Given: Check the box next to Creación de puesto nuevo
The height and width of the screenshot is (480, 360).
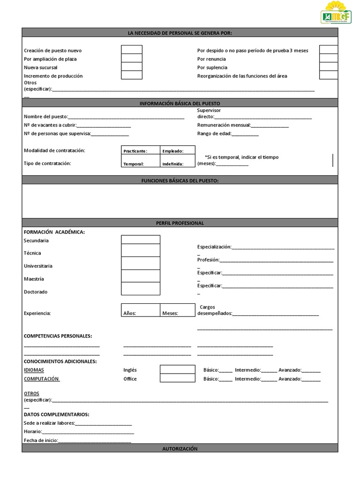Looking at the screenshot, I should tap(132, 50).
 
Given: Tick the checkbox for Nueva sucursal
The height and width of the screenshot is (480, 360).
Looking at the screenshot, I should tap(132, 67).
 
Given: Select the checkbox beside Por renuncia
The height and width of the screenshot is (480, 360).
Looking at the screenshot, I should tap(329, 59).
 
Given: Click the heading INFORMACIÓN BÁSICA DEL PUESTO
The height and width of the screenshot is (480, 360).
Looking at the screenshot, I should tap(180, 103).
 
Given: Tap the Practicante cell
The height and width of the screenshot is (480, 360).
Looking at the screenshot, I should tap(141, 150).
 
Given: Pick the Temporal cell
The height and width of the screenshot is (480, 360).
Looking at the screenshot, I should tap(141, 164).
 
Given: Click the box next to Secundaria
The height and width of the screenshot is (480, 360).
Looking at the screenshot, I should tap(140, 240).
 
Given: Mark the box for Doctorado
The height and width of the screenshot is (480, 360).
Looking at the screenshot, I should tap(140, 289).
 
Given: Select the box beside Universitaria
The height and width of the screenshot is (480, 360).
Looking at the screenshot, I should tap(140, 263).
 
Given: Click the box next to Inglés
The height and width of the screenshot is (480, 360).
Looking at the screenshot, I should tap(177, 369).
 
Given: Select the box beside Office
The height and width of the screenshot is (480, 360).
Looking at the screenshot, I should tap(177, 378).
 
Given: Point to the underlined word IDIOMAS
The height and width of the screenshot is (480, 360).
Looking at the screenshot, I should tap(34, 370).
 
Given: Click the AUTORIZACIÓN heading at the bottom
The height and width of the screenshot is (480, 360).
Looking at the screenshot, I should tap(180, 449).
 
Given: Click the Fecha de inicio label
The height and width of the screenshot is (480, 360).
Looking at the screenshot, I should tap(39, 440).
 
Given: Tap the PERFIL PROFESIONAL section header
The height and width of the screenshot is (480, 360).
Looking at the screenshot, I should tap(180, 223).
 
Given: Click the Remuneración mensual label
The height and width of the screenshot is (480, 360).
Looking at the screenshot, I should tap(224, 125).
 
